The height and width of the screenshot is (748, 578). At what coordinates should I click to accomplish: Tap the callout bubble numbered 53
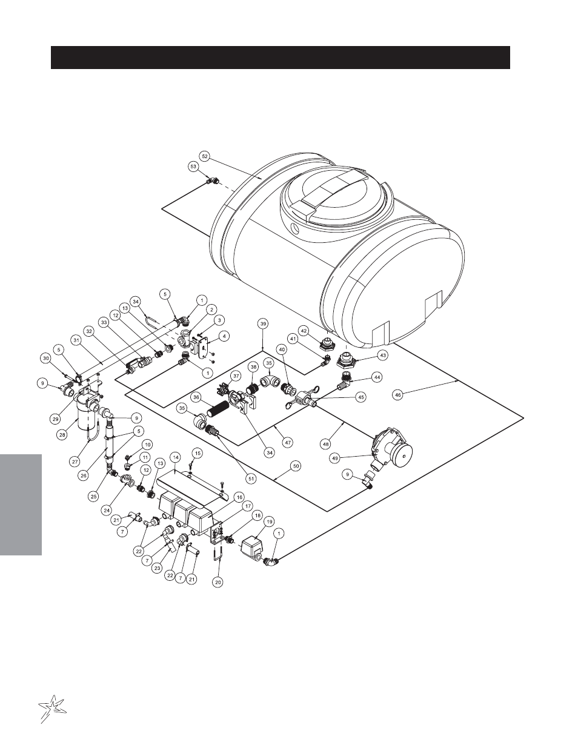[193, 167]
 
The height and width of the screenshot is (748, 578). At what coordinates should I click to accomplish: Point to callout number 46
[398, 395]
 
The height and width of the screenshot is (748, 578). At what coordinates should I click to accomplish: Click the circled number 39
[263, 324]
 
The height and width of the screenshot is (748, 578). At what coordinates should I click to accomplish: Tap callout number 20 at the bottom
[218, 583]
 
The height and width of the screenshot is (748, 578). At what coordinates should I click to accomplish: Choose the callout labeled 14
[176, 457]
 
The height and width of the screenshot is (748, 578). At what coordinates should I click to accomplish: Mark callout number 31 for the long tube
[76, 340]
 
